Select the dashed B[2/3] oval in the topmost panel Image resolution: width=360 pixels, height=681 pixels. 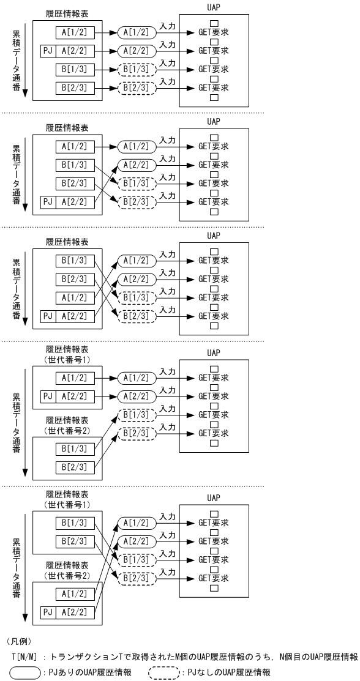click(x=133, y=87)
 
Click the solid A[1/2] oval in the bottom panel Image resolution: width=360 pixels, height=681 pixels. click(x=133, y=523)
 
